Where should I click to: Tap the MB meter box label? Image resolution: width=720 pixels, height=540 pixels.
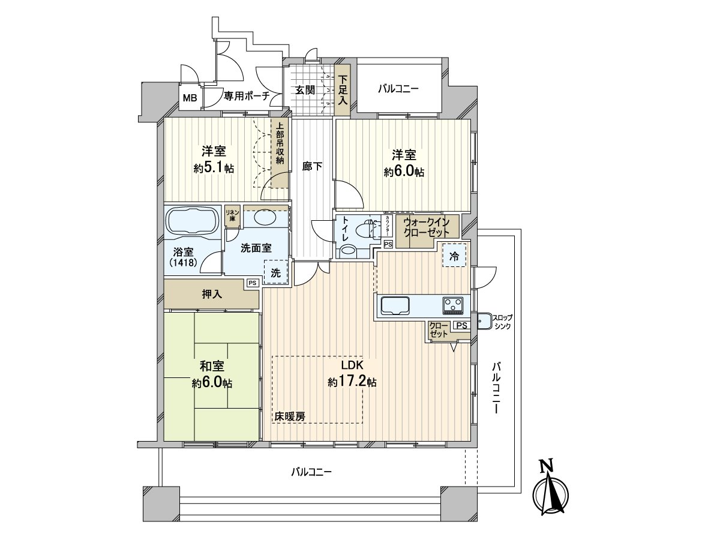click(190, 97)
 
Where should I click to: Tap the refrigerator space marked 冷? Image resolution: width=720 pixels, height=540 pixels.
click(454, 256)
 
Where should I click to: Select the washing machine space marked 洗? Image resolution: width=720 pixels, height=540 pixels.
click(275, 272)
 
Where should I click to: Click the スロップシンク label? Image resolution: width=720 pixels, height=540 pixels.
click(503, 322)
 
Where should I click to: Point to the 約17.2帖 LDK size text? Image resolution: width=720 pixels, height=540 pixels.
click(352, 382)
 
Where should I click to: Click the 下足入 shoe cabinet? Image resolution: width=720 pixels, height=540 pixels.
click(343, 91)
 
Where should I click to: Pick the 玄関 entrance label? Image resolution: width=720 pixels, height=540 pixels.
click(305, 90)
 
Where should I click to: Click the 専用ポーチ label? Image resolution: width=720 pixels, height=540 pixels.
click(247, 96)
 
